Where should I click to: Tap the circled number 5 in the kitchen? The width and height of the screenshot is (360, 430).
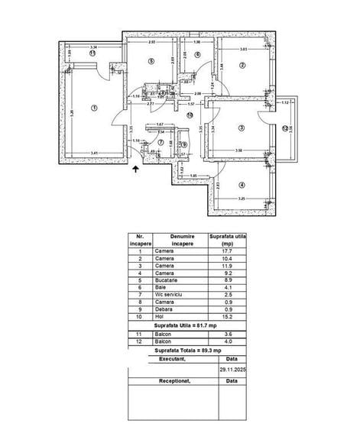[x=151, y=62]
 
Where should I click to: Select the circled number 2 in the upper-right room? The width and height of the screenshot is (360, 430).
[x=242, y=65]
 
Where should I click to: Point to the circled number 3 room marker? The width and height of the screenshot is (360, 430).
[x=241, y=128]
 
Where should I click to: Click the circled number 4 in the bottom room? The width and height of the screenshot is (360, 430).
[x=242, y=184]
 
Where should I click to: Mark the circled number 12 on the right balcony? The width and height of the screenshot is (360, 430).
[x=285, y=128]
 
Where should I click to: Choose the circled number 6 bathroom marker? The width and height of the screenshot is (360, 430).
[x=196, y=55]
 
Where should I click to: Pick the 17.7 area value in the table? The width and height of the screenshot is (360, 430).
[x=225, y=251]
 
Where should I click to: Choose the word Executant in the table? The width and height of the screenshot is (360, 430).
[x=171, y=357]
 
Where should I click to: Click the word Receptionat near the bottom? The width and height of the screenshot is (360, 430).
[x=172, y=380]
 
